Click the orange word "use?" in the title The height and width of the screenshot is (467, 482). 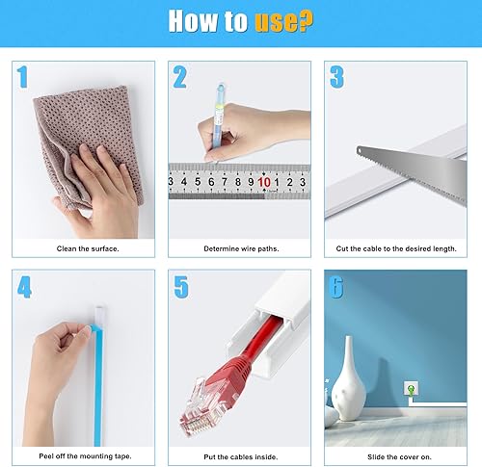(283, 21)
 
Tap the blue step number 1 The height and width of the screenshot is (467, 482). (22, 77)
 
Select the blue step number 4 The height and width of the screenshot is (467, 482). (24, 287)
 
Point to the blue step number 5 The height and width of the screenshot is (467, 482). (181, 287)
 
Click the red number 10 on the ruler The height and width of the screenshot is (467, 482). (264, 182)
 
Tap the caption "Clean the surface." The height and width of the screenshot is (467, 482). (88, 248)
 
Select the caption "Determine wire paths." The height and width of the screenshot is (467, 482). (241, 248)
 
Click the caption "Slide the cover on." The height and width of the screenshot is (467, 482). (399, 456)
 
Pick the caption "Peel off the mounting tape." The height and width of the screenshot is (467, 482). (85, 456)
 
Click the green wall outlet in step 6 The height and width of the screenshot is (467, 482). (412, 389)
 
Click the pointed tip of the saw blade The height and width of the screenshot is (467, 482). (358, 148)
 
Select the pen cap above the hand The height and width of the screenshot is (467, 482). (221, 93)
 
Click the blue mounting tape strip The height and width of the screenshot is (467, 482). (97, 385)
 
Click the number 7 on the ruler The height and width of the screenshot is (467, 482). (225, 182)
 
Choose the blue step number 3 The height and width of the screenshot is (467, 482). (336, 77)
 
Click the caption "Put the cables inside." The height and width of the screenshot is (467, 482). (241, 456)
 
